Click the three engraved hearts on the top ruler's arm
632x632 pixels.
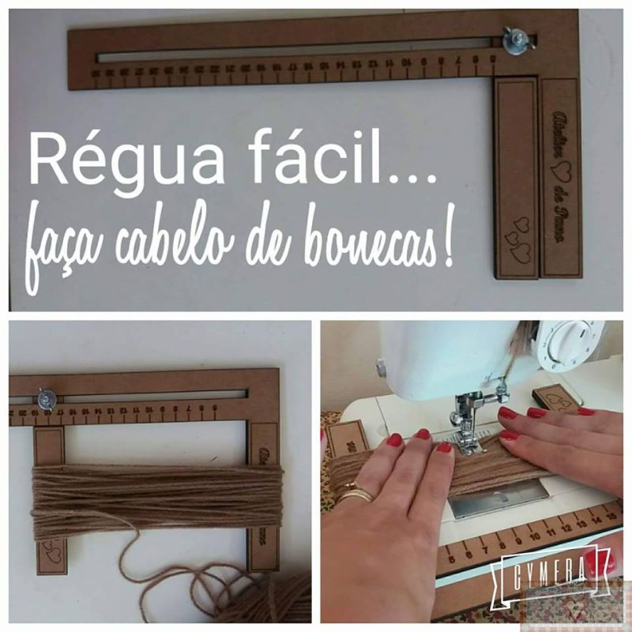(517, 238)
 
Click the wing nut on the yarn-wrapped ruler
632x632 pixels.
(46, 400)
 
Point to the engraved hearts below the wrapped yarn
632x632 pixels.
(52, 552)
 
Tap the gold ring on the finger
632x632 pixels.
(355, 495)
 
